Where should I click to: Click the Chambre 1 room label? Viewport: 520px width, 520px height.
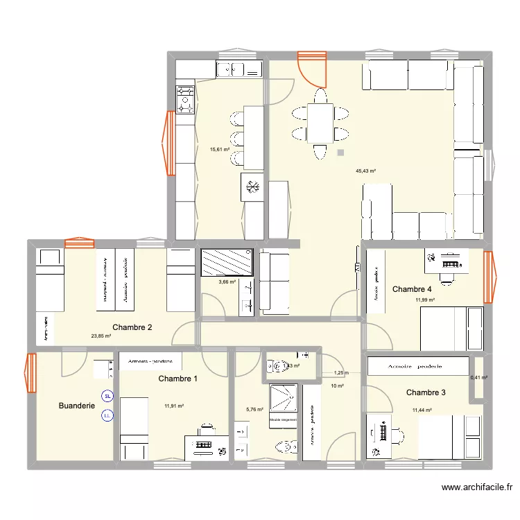click(177, 379)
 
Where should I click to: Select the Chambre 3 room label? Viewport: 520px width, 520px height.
click(426, 392)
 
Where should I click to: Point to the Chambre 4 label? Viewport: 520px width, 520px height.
click(412, 289)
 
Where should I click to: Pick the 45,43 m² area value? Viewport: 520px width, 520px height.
click(365, 171)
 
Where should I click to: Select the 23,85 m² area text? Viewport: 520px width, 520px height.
click(101, 336)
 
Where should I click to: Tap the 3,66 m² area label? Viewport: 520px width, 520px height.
click(227, 281)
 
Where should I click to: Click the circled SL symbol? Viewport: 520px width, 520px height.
click(107, 397)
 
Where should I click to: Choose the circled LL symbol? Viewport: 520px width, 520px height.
click(107, 416)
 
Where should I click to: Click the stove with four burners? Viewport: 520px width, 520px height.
click(185, 98)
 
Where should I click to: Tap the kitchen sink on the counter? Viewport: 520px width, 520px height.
click(239, 69)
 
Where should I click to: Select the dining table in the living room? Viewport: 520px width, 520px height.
click(320, 123)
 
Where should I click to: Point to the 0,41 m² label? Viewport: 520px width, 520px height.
click(479, 378)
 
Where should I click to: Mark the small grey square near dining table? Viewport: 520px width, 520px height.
click(340, 153)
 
